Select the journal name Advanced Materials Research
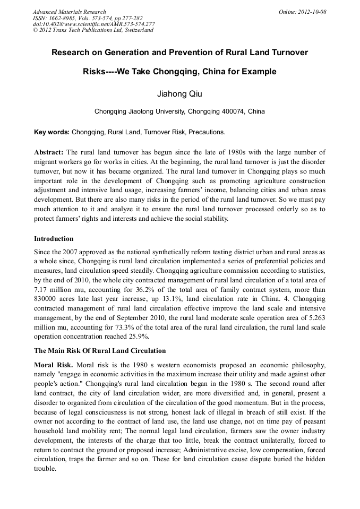click(69, 12)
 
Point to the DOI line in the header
click(93, 24)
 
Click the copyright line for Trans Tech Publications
click(93, 30)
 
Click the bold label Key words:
click(52, 132)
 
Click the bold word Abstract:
click(49, 152)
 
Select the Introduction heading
click(54, 239)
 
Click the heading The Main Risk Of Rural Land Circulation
click(100, 351)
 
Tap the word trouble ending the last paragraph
click(45, 469)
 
